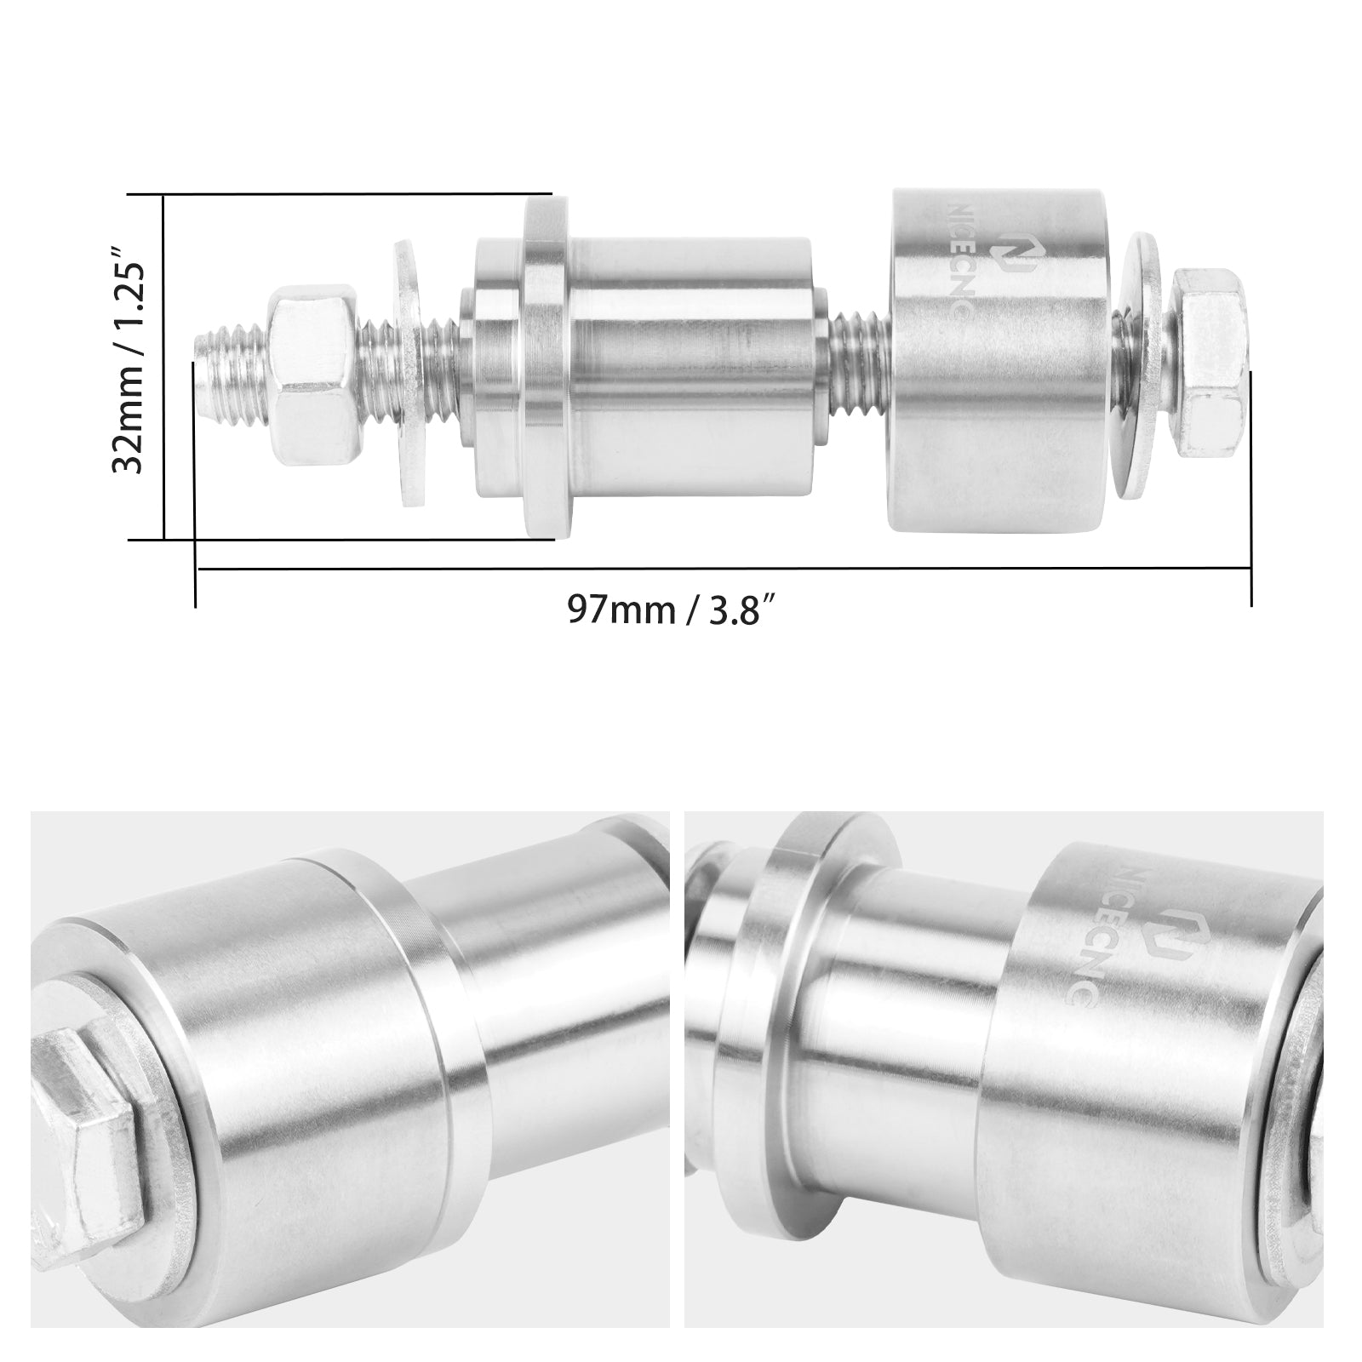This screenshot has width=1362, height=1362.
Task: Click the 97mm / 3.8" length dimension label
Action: (x=672, y=610)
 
